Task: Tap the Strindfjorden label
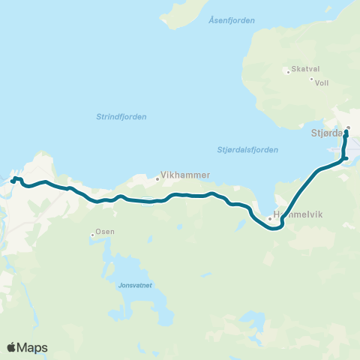click(x=121, y=116)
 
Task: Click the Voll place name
click(x=322, y=82)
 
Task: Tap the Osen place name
click(x=105, y=231)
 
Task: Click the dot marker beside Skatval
click(x=287, y=72)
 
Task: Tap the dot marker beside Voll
click(x=311, y=79)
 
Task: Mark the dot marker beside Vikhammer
click(x=157, y=178)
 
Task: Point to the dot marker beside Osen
click(x=92, y=235)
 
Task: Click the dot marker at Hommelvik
click(x=269, y=218)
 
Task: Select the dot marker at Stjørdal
click(x=349, y=127)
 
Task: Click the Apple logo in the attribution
click(x=12, y=347)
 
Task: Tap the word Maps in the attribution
click(x=33, y=347)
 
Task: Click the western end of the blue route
click(x=13, y=180)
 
